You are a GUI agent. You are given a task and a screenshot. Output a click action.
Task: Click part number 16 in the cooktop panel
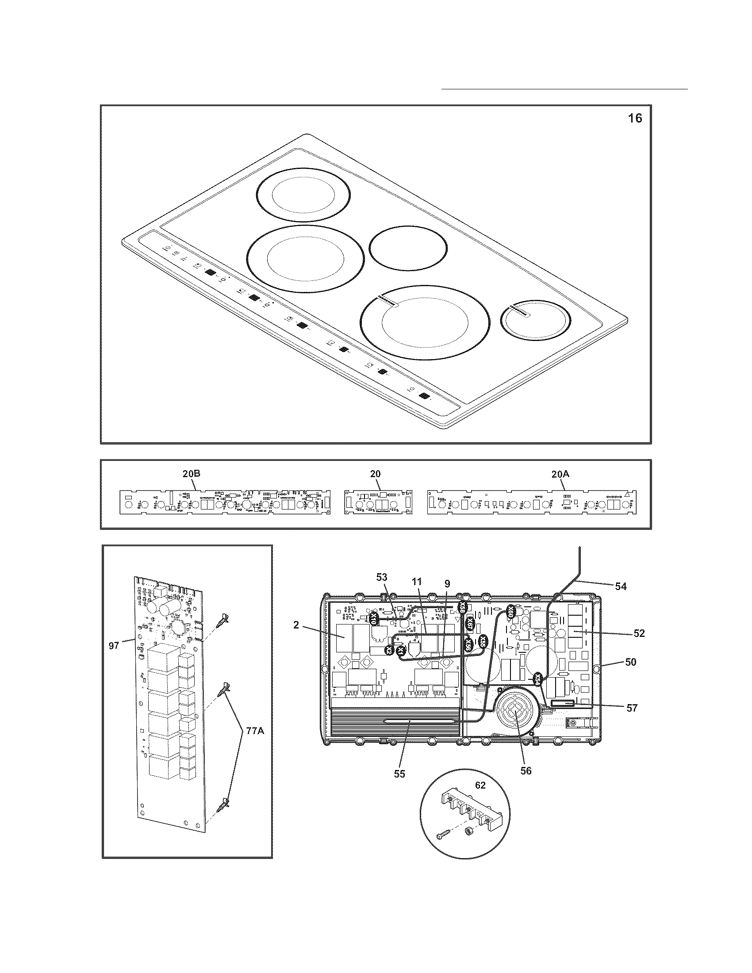pyautogui.click(x=635, y=119)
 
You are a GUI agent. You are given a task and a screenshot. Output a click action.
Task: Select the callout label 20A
pyautogui.click(x=560, y=475)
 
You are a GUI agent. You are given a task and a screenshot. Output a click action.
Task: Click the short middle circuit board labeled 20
pyautogui.click(x=378, y=502)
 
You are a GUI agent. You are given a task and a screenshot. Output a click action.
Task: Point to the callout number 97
pyautogui.click(x=114, y=645)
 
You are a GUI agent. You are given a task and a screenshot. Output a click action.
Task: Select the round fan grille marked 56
pyautogui.click(x=513, y=713)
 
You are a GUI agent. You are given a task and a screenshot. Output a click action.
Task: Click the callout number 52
pyautogui.click(x=639, y=633)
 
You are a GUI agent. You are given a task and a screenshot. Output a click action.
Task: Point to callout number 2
pyautogui.click(x=296, y=625)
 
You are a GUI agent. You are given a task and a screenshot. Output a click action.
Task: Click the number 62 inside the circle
pyautogui.click(x=480, y=785)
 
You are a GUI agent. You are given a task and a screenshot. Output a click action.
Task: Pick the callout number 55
pyautogui.click(x=399, y=774)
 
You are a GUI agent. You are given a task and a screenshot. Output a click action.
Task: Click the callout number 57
pyautogui.click(x=632, y=708)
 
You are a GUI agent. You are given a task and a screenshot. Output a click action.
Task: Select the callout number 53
pyautogui.click(x=382, y=577)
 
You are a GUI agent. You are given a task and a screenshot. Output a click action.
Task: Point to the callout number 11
pyautogui.click(x=416, y=582)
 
